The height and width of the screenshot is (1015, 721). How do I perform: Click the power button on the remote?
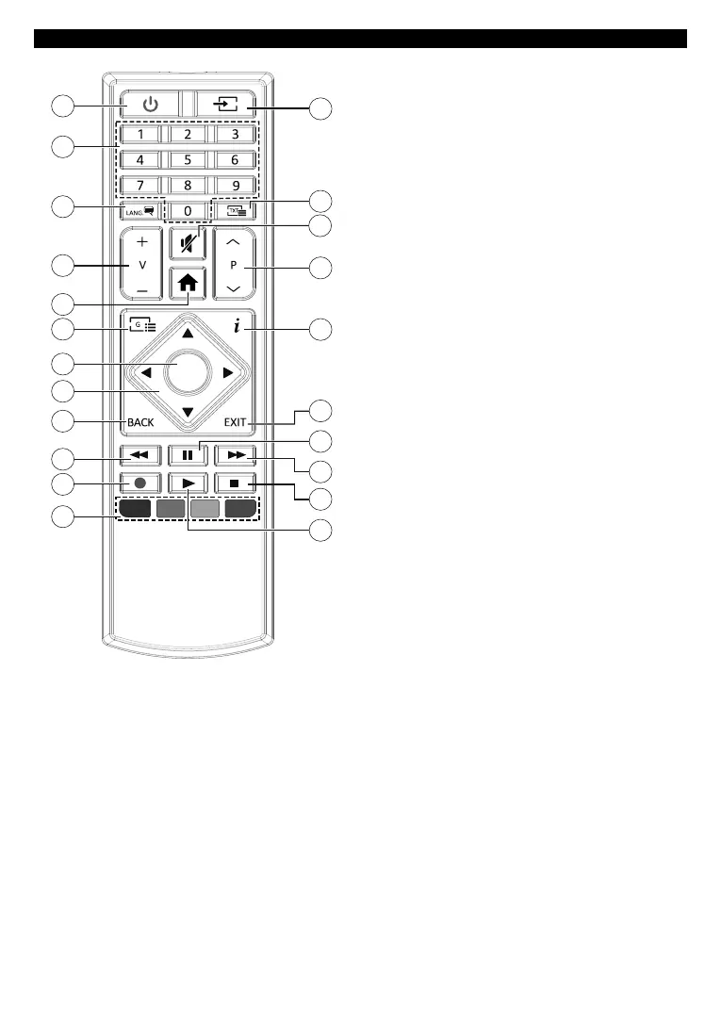click(149, 103)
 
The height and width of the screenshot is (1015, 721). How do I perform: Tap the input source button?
click(221, 103)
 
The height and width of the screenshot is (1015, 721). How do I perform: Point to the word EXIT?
click(236, 423)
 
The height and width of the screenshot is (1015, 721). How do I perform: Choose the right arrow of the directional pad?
click(226, 374)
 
